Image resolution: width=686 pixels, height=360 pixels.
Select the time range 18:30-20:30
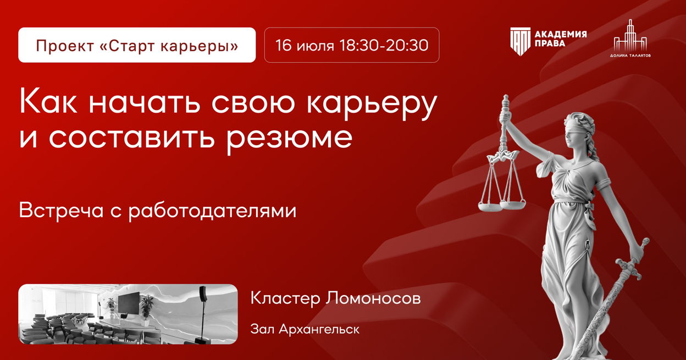click(384, 45)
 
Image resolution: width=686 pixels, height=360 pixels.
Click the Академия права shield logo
click(520, 42)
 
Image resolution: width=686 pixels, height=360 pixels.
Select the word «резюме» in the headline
click(290, 138)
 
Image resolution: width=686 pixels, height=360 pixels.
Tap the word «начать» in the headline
click(145, 103)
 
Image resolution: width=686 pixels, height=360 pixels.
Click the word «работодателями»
click(212, 211)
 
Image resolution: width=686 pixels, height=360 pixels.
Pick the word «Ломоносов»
click(373, 298)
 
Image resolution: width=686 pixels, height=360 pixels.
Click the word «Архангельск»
click(319, 330)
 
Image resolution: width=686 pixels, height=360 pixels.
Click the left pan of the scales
click(490, 206)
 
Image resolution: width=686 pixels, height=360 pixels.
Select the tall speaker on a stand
click(203, 312)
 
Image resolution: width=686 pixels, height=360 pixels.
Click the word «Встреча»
click(61, 211)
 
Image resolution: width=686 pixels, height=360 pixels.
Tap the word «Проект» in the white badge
click(65, 46)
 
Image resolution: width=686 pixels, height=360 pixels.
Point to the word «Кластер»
click(285, 298)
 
